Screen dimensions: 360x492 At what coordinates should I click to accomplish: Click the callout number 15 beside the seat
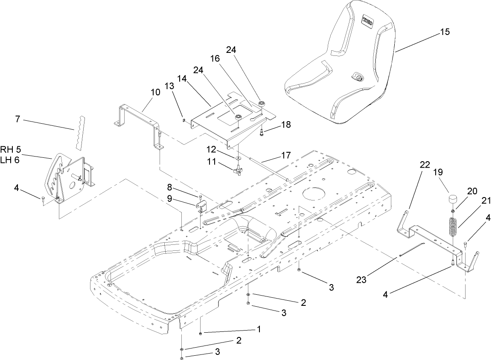pyautogui.click(x=444, y=32)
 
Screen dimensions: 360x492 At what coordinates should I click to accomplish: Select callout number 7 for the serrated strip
pyautogui.click(x=17, y=119)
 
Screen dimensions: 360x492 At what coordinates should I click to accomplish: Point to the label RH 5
pyautogui.click(x=10, y=149)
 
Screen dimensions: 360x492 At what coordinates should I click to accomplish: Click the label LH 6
pyautogui.click(x=10, y=158)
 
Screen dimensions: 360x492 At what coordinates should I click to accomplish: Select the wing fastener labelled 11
pyautogui.click(x=238, y=171)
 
